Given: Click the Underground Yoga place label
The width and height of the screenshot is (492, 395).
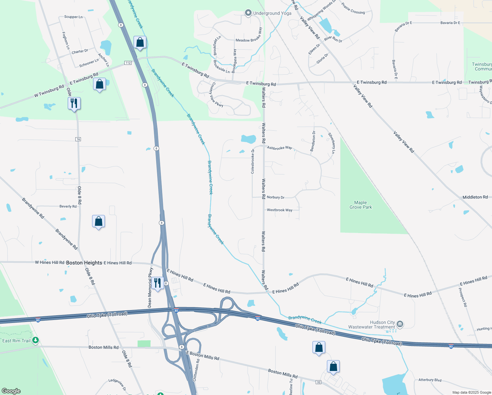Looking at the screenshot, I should tap(272, 13).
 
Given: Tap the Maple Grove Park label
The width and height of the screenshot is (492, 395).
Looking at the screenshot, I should tap(360, 205).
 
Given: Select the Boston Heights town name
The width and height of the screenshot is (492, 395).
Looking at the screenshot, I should tap(84, 263).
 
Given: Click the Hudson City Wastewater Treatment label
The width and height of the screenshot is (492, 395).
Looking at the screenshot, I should tap(372, 325).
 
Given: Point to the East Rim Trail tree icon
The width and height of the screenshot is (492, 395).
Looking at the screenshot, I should tap(35, 340).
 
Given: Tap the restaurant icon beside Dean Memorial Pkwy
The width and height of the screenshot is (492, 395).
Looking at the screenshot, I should tap(158, 283).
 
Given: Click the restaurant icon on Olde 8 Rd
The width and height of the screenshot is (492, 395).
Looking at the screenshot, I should tap(74, 103).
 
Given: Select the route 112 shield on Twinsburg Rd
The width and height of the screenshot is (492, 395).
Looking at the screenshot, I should tap(128, 63).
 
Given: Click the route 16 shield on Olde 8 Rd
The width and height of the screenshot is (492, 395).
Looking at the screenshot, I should tap(78, 139).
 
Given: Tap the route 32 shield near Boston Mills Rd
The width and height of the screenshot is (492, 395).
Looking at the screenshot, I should tap(318, 382).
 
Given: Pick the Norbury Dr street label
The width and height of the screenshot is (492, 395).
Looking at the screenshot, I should tap(276, 197).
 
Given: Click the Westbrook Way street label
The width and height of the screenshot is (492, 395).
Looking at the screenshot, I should tap(280, 210).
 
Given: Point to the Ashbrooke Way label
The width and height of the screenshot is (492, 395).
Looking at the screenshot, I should tap(279, 148).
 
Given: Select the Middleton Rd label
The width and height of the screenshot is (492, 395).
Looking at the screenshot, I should tap(475, 197).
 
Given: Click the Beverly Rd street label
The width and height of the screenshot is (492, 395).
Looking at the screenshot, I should tap(68, 206).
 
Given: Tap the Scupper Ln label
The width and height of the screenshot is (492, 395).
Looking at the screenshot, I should tap(73, 17).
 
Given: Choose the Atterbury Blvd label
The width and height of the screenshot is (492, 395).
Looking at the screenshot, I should tap(430, 380).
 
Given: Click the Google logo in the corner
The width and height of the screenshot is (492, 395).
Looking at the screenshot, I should tap(11, 391).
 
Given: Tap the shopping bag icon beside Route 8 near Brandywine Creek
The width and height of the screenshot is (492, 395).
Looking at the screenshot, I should tap(140, 42).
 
